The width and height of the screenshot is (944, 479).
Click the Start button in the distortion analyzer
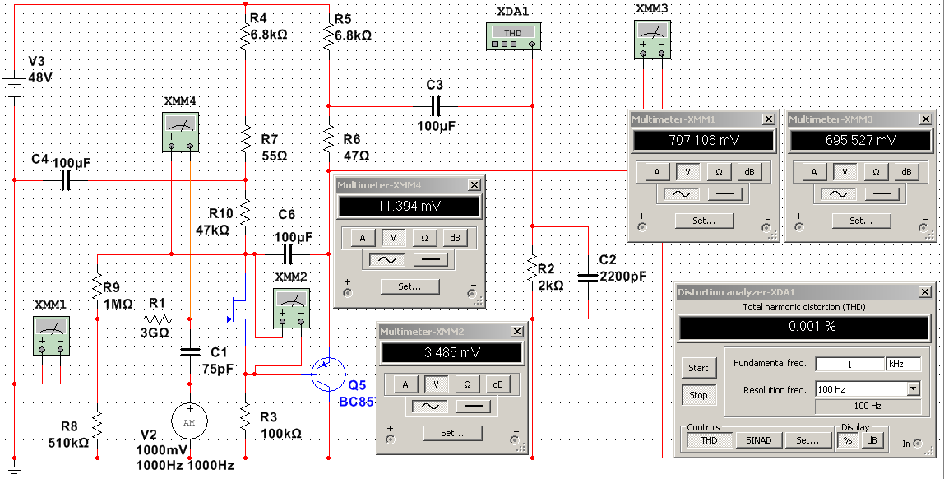[698, 368]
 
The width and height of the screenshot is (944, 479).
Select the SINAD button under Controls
[758, 440]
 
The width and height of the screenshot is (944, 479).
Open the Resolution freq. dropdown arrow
[913, 389]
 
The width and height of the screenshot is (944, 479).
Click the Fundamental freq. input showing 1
[849, 364]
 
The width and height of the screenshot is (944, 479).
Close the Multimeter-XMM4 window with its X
[474, 185]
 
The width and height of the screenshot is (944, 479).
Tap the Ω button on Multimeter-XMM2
[467, 384]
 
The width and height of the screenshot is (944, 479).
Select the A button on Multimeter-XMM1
[655, 172]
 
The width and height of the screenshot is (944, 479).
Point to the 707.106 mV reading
[702, 141]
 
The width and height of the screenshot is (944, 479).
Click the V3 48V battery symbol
[14, 84]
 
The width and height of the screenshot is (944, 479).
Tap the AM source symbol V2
[189, 421]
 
